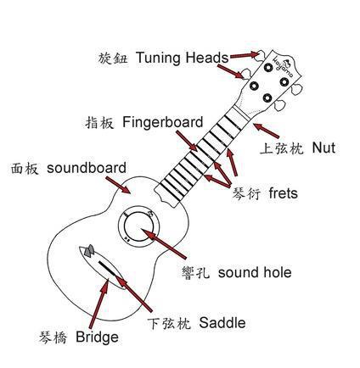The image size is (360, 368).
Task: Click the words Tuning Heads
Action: (182, 58)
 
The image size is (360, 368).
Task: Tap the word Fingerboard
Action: (163, 122)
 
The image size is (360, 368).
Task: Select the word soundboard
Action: (87, 168)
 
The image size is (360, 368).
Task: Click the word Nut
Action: (323, 148)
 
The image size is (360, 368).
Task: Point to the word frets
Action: (284, 193)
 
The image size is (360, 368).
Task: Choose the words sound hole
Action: (255, 272)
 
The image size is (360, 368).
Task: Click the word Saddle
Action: (222, 323)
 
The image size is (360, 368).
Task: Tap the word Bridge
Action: (97, 337)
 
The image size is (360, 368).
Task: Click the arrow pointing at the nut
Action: (266, 131)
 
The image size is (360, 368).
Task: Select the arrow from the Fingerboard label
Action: (186, 141)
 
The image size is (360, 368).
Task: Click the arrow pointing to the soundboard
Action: (118, 185)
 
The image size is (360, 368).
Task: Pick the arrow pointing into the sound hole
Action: (164, 243)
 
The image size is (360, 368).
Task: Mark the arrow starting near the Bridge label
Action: (98, 304)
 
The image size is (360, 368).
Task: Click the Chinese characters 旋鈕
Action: (113, 59)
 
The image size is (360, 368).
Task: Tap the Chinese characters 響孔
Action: (196, 273)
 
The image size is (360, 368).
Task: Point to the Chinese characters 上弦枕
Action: (282, 148)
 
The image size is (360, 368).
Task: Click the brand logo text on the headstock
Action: (283, 67)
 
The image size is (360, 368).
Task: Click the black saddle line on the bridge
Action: (107, 269)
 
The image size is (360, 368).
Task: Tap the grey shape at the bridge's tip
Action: (89, 251)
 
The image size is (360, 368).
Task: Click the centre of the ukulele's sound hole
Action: (138, 226)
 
